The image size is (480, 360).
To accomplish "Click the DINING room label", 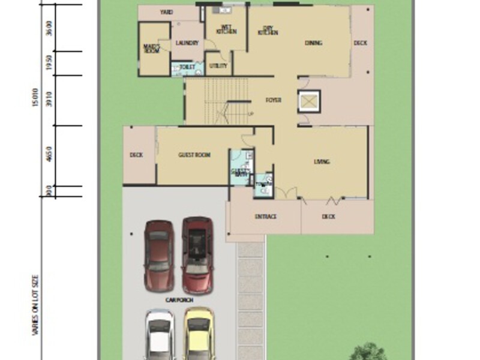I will (313, 43).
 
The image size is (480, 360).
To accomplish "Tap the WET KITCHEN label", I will (226, 29).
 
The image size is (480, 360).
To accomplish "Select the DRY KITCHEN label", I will (268, 30).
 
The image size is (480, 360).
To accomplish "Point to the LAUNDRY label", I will (187, 43).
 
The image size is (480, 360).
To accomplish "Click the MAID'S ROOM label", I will (150, 47).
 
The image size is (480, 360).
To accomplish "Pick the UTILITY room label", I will (218, 65).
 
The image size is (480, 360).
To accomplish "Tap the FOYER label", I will (274, 100).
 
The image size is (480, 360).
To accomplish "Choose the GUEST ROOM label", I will (194, 155).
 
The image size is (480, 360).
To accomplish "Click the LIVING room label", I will (322, 162).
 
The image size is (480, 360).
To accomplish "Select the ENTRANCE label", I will (265, 217).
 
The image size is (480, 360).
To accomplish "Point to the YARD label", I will (167, 12).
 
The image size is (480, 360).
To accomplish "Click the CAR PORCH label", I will (179, 299).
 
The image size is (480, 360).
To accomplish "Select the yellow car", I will (199, 334).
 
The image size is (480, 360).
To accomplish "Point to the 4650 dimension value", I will (49, 156).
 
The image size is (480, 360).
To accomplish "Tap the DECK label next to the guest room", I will (136, 155).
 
